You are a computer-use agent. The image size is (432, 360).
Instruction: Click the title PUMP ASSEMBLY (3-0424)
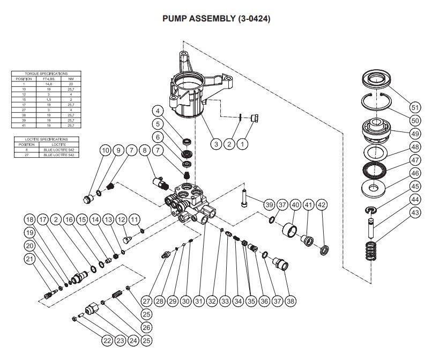point(216,19)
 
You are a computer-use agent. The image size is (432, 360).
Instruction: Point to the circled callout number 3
point(216,144)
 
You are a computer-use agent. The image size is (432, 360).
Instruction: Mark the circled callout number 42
point(322,204)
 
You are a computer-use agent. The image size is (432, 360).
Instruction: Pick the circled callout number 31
point(199,302)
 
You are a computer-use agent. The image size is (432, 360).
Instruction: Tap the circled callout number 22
point(108,339)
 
